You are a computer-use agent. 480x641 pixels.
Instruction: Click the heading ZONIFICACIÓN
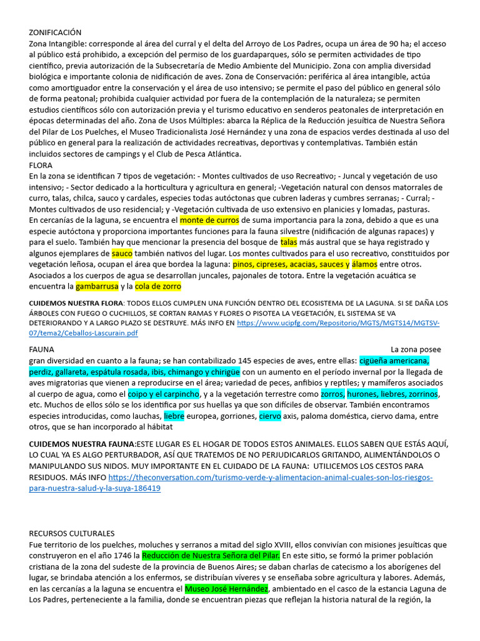pyautogui.click(x=55, y=33)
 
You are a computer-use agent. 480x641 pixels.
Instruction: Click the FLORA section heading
pyautogui.click(x=41, y=165)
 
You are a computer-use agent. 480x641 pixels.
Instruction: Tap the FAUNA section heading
pyautogui.click(x=42, y=349)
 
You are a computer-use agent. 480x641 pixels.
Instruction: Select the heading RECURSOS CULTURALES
pyautogui.click(x=72, y=533)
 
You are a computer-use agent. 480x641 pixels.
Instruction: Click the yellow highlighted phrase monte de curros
pyautogui.click(x=209, y=220)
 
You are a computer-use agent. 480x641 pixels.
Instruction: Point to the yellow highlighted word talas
pyautogui.click(x=289, y=242)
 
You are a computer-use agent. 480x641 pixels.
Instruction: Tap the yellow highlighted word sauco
pyautogui.click(x=122, y=254)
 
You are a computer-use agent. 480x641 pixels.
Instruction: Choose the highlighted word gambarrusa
pyautogui.click(x=97, y=287)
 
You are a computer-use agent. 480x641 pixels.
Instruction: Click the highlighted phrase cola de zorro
pyautogui.click(x=157, y=287)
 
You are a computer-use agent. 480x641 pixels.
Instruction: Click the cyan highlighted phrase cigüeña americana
pyautogui.click(x=394, y=361)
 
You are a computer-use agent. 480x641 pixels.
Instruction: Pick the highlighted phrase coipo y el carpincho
pyautogui.click(x=164, y=394)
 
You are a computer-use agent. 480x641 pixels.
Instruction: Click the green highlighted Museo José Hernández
pyautogui.click(x=227, y=589)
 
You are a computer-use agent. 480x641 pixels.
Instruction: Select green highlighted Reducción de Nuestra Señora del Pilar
pyautogui.click(x=211, y=556)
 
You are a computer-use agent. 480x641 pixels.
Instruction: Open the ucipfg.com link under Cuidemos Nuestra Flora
pyautogui.click(x=338, y=323)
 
